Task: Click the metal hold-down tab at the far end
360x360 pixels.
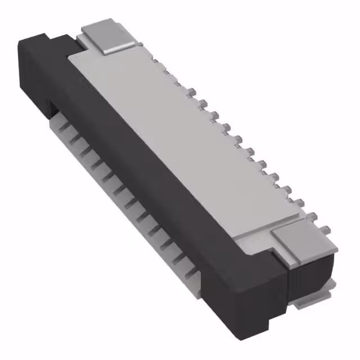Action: tap(107, 35)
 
